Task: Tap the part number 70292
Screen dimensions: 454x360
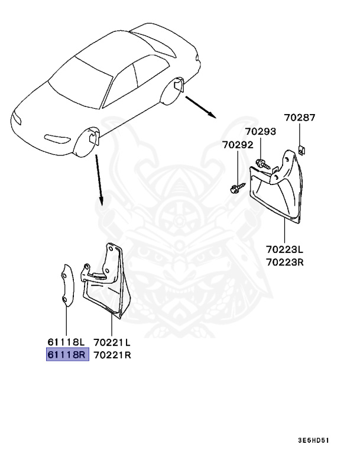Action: [238, 144]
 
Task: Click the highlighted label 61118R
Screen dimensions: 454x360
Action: [67, 355]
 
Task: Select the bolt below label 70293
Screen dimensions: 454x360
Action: [263, 163]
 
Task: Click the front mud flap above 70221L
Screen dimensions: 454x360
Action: [108, 284]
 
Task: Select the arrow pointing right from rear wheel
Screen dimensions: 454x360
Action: [201, 107]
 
